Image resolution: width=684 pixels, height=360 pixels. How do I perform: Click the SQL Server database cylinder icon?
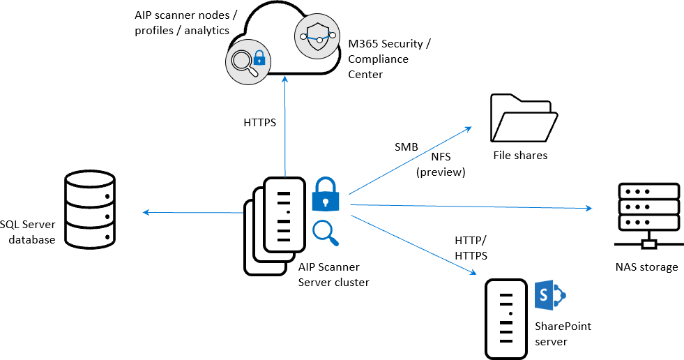point(89,209)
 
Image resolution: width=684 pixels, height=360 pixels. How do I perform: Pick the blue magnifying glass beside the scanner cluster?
point(326,233)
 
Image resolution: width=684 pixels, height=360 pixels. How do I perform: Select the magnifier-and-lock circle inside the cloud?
point(244,61)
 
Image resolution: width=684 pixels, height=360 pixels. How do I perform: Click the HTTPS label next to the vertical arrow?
point(260,123)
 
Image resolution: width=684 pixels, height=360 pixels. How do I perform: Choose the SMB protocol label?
point(406,147)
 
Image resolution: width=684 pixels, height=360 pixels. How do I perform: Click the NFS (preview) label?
point(441,165)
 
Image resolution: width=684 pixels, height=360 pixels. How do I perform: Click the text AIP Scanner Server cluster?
point(333,276)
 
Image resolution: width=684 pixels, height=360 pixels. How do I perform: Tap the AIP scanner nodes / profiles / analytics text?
point(182,22)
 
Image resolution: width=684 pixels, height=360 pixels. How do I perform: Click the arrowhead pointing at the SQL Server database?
point(144,211)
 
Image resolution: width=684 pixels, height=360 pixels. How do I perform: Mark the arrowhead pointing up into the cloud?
point(284,79)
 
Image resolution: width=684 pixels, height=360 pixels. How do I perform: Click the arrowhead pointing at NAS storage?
point(588,208)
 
